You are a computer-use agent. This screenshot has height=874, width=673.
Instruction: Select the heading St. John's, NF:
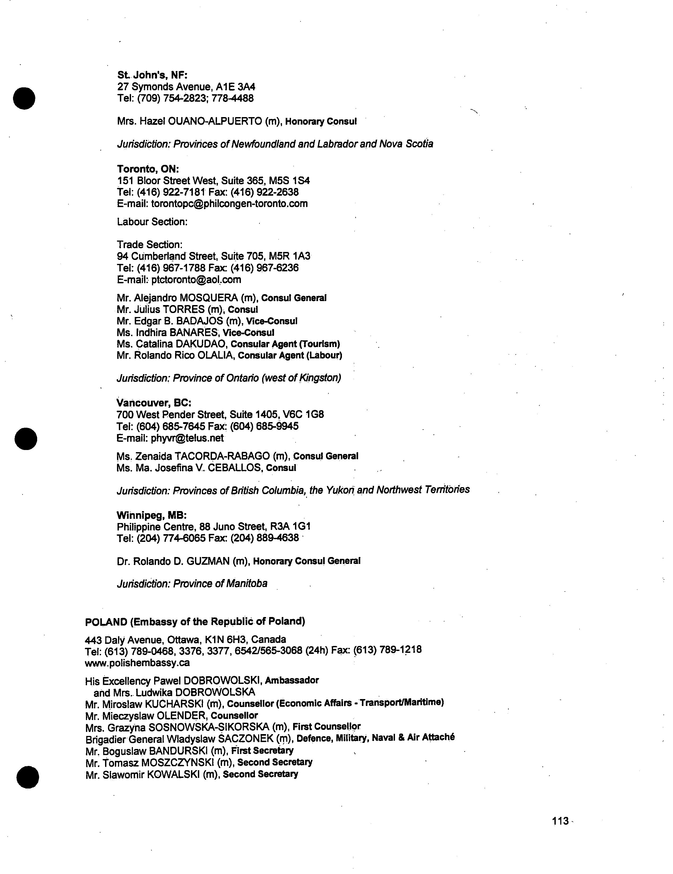(152, 75)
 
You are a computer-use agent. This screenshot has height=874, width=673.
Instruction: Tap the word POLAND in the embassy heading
(106, 622)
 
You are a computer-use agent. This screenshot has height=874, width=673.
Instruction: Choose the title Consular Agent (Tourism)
(285, 344)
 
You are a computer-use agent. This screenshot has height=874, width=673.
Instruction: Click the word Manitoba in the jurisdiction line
(247, 584)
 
